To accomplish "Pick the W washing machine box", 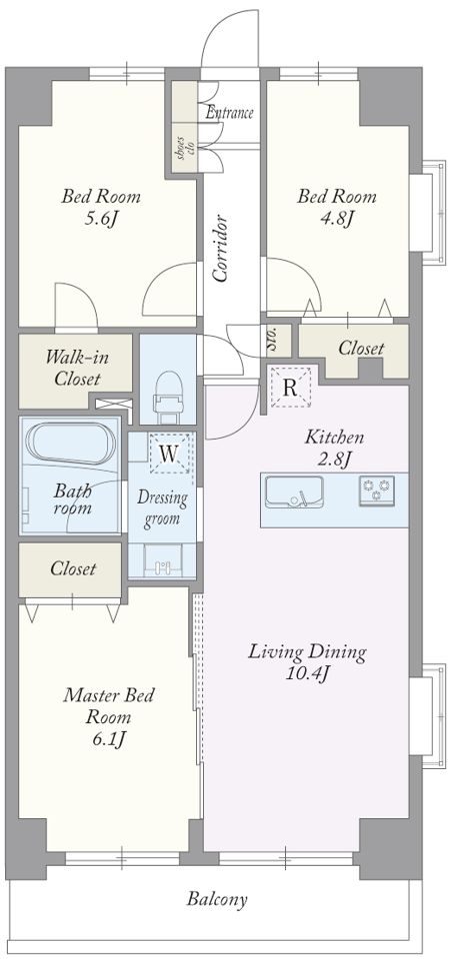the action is (170, 454).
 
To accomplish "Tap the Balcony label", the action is (217, 899).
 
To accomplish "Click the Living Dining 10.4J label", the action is (307, 661).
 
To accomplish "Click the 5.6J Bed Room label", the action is (101, 208).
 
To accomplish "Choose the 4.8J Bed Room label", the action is (337, 207).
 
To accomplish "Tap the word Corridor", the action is (221, 248).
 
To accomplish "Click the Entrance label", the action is (229, 113).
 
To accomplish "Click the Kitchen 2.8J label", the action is (335, 448).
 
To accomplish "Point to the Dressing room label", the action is (162, 508).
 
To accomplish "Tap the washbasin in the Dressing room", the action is (162, 562).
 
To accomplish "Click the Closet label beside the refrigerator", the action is (361, 349).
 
